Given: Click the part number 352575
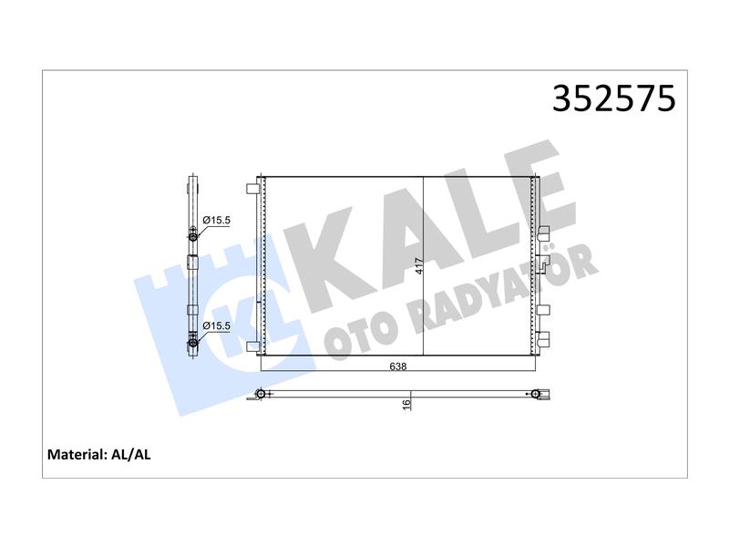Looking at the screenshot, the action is click(x=613, y=98).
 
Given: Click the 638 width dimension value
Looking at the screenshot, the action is click(x=398, y=366).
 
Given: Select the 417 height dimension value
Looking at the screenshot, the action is click(x=419, y=266).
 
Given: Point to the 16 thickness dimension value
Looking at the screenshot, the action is click(x=406, y=404).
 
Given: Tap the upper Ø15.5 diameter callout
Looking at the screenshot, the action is click(x=217, y=220).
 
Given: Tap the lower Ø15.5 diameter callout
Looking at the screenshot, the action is click(x=217, y=325).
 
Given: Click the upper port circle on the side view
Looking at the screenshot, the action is click(x=193, y=237).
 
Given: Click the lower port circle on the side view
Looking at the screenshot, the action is click(x=193, y=345).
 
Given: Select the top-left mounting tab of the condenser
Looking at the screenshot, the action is click(x=252, y=189).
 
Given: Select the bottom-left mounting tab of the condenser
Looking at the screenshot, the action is click(x=252, y=346).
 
